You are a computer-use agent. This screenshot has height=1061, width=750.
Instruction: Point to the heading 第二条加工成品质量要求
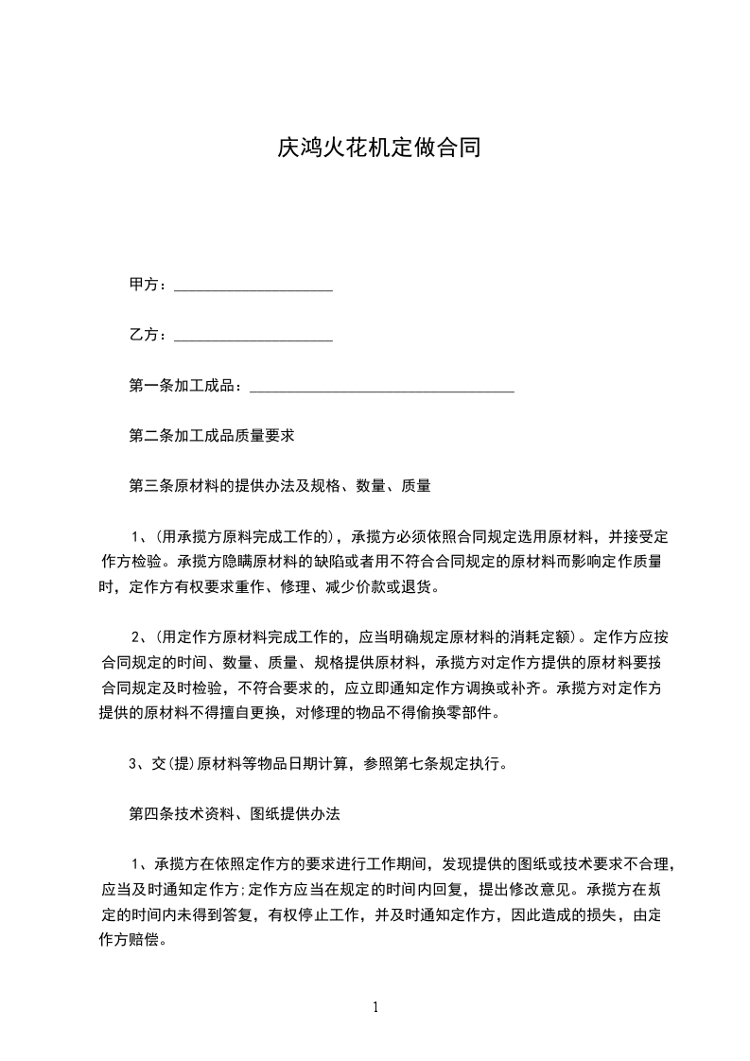click(x=212, y=436)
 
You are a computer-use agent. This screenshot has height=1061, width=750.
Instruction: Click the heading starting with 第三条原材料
click(x=280, y=486)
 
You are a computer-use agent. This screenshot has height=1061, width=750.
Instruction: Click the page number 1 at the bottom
click(x=375, y=1007)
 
